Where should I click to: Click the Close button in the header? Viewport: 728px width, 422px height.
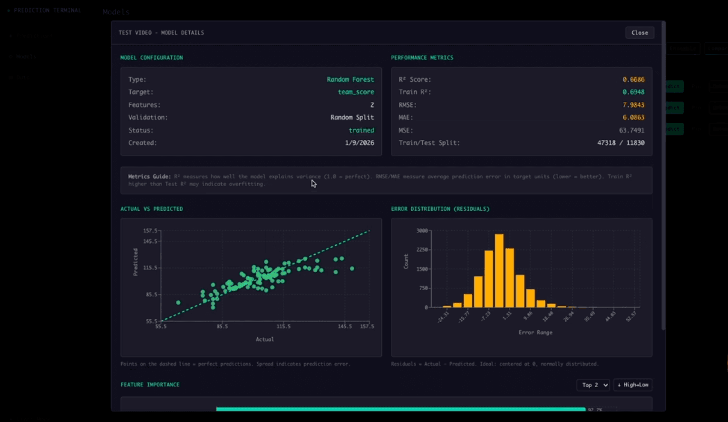pos(640,33)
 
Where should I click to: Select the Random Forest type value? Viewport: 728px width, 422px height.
pos(350,79)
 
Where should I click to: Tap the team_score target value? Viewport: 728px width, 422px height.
pos(356,92)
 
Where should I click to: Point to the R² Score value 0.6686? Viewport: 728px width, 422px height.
pos(633,79)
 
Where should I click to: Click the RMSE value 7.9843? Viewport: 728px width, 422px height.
pos(633,105)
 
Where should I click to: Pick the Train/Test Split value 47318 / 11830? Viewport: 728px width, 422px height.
pos(621,143)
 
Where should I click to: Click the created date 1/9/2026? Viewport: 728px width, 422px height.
pos(359,143)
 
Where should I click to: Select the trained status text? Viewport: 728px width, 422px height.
pos(361,130)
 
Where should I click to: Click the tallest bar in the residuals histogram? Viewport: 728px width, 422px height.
pos(499,270)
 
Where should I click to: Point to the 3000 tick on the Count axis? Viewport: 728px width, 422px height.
pos(422,231)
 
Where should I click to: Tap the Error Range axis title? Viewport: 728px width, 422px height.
pos(535,333)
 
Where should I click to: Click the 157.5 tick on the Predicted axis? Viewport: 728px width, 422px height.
pos(150,231)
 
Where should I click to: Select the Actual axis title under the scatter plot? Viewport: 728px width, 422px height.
pos(265,339)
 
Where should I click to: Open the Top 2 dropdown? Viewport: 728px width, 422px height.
pos(593,385)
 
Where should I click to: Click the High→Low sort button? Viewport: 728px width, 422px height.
pos(633,385)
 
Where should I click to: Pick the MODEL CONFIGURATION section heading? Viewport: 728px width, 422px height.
pos(152,58)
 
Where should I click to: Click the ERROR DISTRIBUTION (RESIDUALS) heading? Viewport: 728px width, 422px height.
pos(440,209)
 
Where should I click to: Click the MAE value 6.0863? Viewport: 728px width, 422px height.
pos(633,118)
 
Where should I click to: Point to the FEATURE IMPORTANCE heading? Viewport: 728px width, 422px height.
pos(150,384)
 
